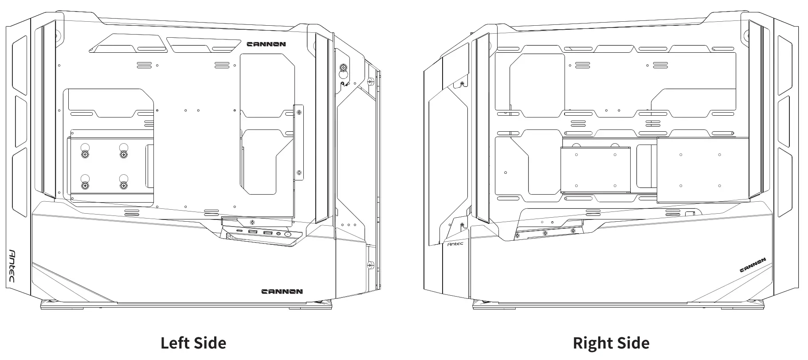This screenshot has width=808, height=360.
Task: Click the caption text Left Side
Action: click(x=193, y=343)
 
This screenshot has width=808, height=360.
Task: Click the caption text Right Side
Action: click(x=611, y=343)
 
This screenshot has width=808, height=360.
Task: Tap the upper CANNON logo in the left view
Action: click(x=266, y=44)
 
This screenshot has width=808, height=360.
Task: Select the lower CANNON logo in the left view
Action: click(x=282, y=291)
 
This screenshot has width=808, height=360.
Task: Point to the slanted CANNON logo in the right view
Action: click(x=753, y=265)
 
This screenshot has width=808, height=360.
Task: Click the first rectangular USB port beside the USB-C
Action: click(x=253, y=232)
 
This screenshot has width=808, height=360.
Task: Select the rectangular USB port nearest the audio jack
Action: click(x=268, y=233)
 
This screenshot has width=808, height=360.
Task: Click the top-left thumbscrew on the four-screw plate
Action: click(x=85, y=154)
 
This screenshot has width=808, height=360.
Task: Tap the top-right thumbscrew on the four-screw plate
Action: click(x=123, y=154)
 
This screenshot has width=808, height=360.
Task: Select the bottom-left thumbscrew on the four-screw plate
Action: click(x=85, y=185)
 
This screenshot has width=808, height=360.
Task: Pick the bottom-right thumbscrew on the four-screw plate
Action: click(x=123, y=185)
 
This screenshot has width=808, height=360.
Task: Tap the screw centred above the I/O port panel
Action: click(x=252, y=222)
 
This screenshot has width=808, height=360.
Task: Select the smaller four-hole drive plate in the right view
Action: click(x=595, y=170)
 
